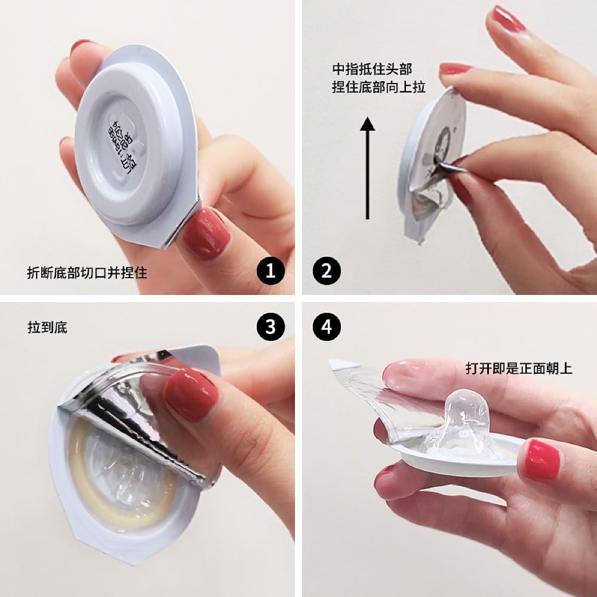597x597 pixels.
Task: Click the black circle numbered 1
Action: [270, 272]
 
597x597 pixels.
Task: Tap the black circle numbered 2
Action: [327, 272]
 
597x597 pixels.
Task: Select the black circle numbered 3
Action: [270, 326]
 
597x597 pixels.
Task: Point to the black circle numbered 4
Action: [327, 326]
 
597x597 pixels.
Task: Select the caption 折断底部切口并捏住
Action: [87, 273]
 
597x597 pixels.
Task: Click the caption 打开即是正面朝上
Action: [518, 368]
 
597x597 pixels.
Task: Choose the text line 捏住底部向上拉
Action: [378, 87]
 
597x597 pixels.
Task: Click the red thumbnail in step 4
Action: [541, 460]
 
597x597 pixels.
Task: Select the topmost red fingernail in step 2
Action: [507, 19]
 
